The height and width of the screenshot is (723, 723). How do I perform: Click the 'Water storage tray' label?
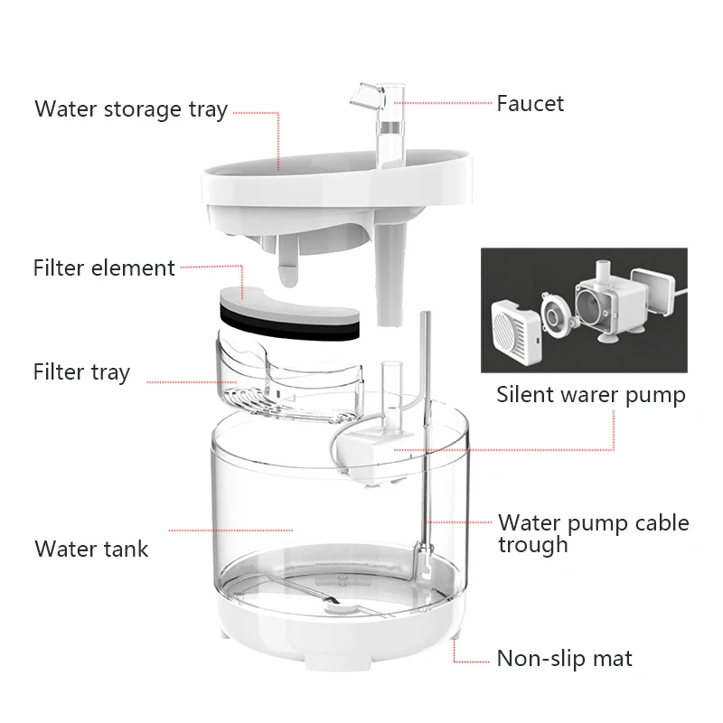pos(130,109)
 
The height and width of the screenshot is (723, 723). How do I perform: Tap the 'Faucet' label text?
pos(530,103)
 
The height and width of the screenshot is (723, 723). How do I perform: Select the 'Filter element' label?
pos(104,268)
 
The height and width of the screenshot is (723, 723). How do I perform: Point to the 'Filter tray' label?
pos(81,372)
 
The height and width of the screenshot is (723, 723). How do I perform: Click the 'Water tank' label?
pos(91,549)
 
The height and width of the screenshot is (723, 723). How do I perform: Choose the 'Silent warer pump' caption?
pos(591,395)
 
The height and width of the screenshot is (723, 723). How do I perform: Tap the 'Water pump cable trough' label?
pos(593,533)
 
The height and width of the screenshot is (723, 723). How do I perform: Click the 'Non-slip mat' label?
pos(565,658)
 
